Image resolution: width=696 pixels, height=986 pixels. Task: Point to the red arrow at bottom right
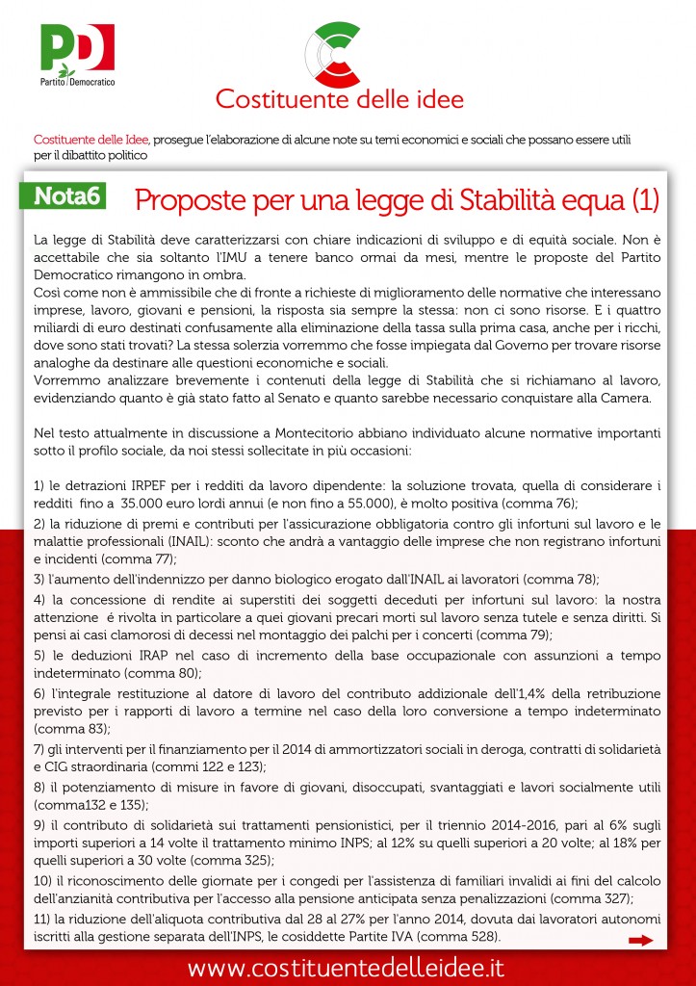(x=640, y=941)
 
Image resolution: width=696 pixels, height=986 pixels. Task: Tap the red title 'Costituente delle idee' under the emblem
(x=339, y=99)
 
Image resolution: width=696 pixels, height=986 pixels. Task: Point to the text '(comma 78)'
(x=565, y=579)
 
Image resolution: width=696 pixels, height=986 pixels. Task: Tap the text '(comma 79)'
(x=518, y=635)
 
